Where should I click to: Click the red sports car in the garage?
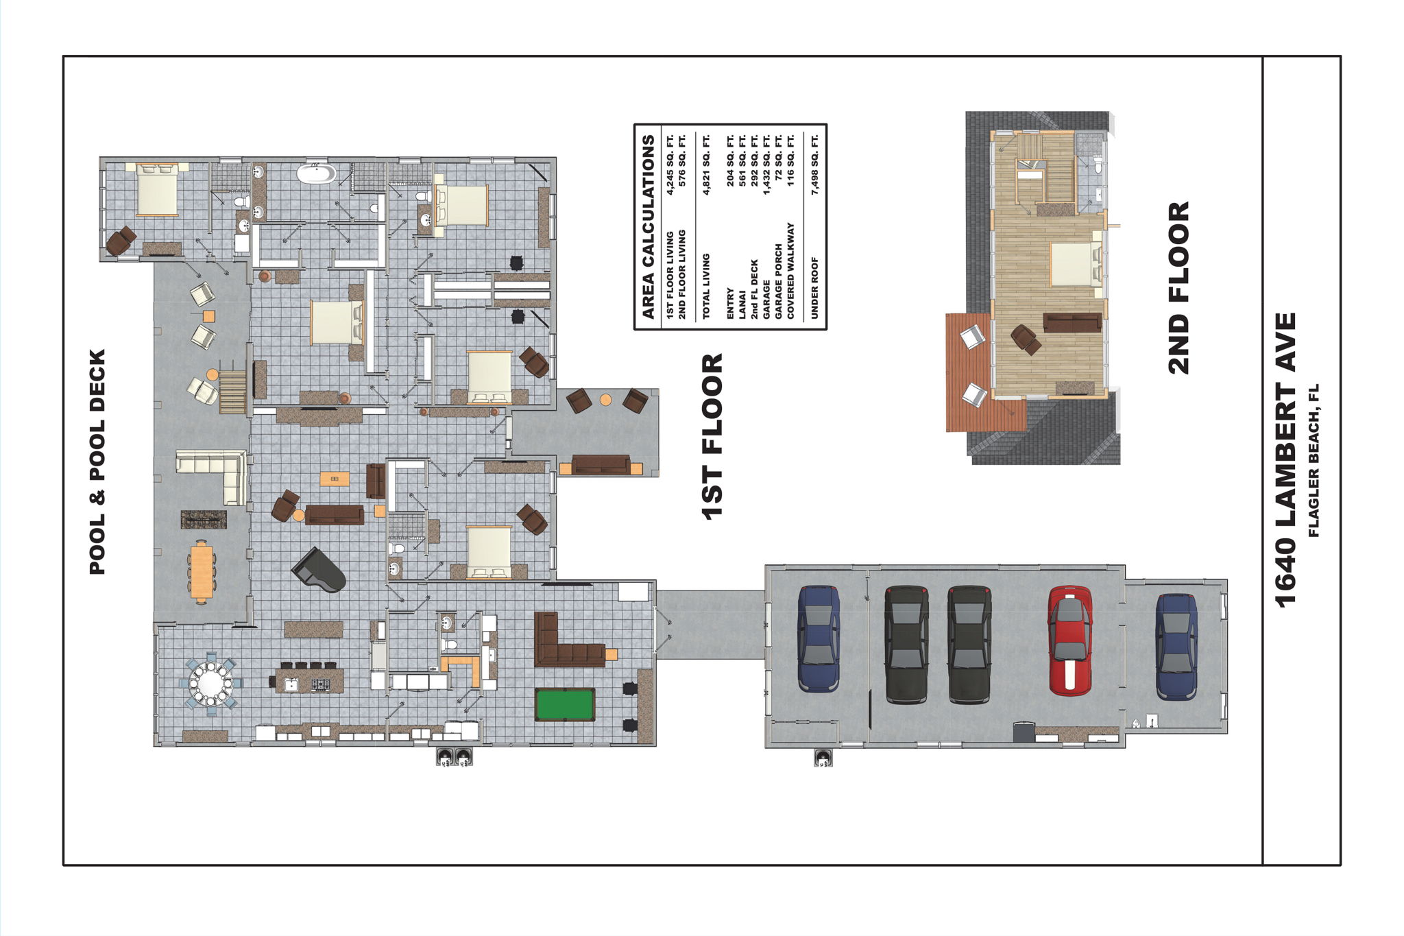(1069, 640)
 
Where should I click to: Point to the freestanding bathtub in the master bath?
(316, 172)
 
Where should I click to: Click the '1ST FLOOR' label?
(713, 436)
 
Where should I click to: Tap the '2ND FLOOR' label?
(1178, 288)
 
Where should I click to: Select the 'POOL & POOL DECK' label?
(97, 461)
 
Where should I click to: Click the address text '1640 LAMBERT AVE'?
(1286, 459)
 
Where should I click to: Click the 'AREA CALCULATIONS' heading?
(648, 227)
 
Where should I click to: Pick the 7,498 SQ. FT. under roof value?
(814, 165)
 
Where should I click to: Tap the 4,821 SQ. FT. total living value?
(706, 165)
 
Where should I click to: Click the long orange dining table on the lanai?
(202, 571)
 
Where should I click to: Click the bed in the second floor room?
(1074, 264)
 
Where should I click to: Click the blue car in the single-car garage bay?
(1176, 646)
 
